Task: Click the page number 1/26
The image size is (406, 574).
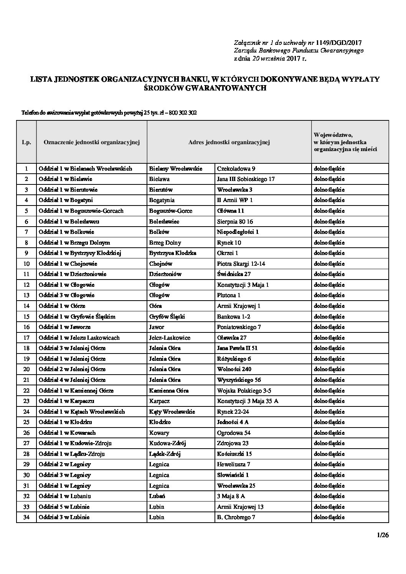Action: click(383, 535)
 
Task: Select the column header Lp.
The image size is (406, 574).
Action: click(26, 142)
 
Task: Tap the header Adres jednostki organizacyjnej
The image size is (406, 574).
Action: click(229, 142)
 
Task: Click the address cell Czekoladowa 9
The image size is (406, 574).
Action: click(236, 168)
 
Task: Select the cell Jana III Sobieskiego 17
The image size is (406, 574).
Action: click(246, 179)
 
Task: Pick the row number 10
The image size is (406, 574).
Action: click(26, 263)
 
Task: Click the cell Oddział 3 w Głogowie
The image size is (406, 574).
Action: click(66, 295)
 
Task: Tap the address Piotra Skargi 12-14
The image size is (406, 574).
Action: click(241, 263)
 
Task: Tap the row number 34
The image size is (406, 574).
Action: click(26, 517)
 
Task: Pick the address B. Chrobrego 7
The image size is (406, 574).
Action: click(236, 517)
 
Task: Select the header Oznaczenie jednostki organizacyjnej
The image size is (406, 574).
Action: click(92, 142)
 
